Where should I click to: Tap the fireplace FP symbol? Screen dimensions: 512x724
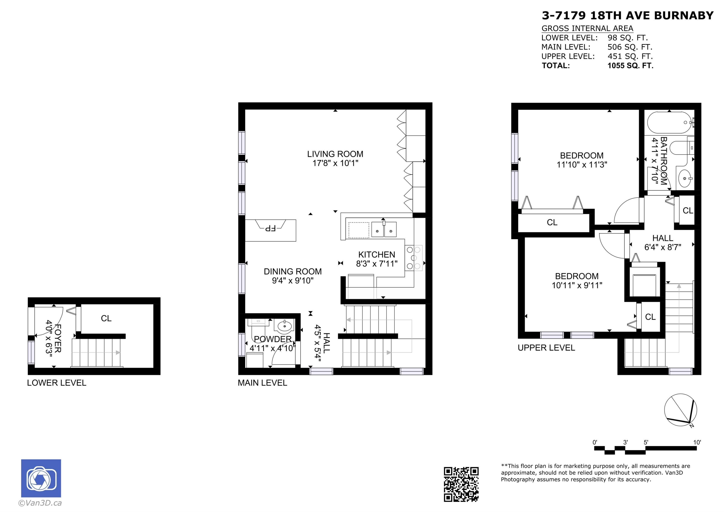pyautogui.click(x=270, y=228)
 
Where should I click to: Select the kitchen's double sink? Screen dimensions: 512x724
pyautogui.click(x=384, y=230)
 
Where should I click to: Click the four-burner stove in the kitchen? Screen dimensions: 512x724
pyautogui.click(x=414, y=258)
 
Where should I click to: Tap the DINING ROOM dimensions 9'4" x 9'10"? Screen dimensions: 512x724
pyautogui.click(x=293, y=280)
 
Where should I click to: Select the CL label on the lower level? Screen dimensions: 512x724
pyautogui.click(x=106, y=318)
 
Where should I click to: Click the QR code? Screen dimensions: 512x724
pyautogui.click(x=461, y=484)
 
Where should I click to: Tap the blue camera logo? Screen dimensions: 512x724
pyautogui.click(x=41, y=478)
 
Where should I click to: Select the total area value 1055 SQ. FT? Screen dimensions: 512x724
pyautogui.click(x=630, y=66)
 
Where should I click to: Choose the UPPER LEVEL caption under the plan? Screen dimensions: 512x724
pyautogui.click(x=546, y=348)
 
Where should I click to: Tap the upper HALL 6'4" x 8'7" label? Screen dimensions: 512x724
pyautogui.click(x=663, y=243)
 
